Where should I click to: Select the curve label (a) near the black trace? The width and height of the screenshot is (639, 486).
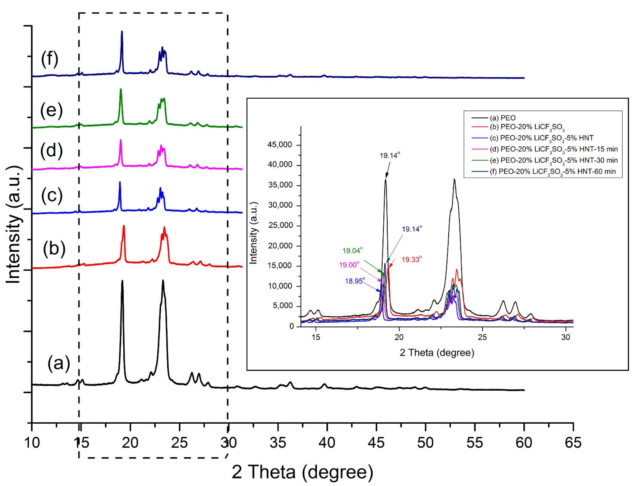(59, 363)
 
